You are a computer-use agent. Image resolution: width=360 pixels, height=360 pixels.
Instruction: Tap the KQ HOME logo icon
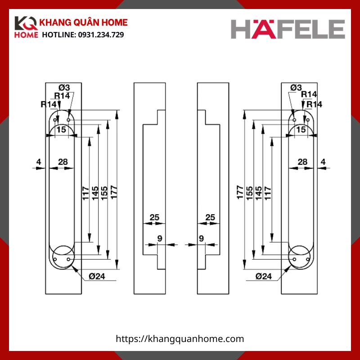click(x=26, y=28)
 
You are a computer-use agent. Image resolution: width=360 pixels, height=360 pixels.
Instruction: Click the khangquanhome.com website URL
click(x=180, y=339)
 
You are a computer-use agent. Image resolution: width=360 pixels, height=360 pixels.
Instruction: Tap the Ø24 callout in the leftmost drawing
click(x=96, y=276)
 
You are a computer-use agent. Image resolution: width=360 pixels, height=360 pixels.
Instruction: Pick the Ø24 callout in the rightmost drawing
click(x=264, y=276)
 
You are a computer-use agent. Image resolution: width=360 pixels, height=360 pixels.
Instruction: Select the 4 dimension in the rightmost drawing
click(x=323, y=162)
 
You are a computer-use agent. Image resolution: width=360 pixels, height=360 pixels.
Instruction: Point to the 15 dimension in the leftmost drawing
click(x=62, y=130)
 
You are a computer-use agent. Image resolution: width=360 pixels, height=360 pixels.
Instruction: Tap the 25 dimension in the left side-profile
click(x=154, y=217)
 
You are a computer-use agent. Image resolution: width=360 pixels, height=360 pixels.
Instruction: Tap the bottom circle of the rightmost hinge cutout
click(x=299, y=256)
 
